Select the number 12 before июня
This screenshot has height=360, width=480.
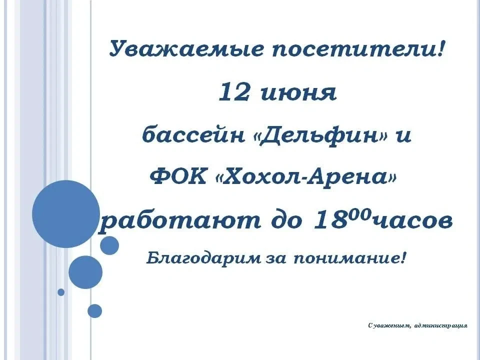pos(234,92)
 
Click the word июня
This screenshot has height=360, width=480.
pos(299,93)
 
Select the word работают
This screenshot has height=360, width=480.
pos(179,220)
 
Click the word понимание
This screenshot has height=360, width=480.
pos(346,259)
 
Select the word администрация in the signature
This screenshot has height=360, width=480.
pos(440,325)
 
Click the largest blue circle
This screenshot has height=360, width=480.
pos(66,214)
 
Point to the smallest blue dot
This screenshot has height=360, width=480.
pos(61,292)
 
